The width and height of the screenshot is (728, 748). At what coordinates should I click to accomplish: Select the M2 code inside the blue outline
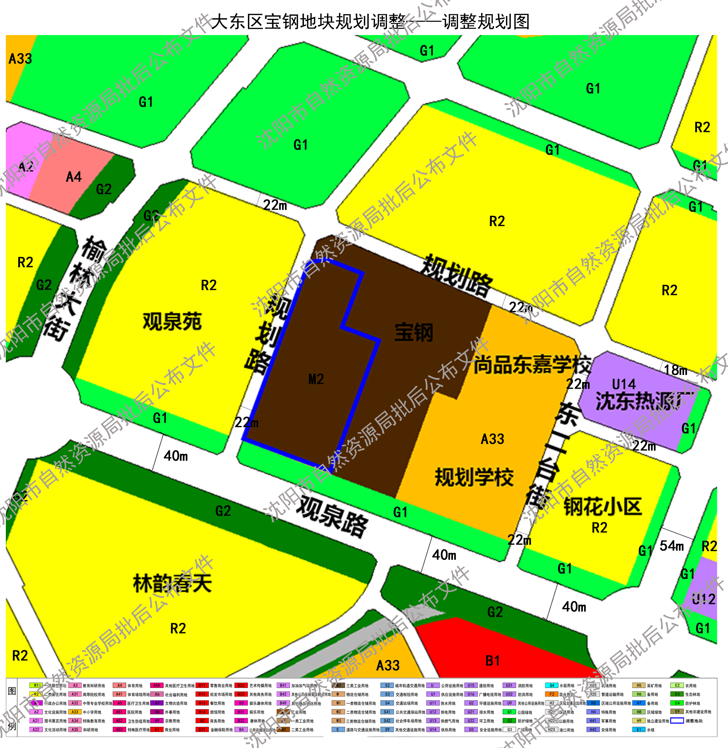[x=316, y=379]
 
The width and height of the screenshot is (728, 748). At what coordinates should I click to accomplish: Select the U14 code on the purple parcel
[x=624, y=384]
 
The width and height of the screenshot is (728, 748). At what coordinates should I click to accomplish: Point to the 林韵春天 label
[x=172, y=583]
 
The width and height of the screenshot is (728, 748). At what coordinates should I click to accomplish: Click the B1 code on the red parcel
[x=493, y=661]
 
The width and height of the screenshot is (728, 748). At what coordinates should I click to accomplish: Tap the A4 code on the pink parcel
[x=74, y=177]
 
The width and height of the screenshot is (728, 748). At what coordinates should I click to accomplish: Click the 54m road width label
[x=671, y=546]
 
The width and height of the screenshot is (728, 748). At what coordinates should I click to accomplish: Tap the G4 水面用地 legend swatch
[x=552, y=685]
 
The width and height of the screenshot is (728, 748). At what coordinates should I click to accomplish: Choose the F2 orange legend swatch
[x=552, y=694]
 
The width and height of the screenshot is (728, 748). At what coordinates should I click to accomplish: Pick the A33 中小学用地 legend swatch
[x=75, y=712]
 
